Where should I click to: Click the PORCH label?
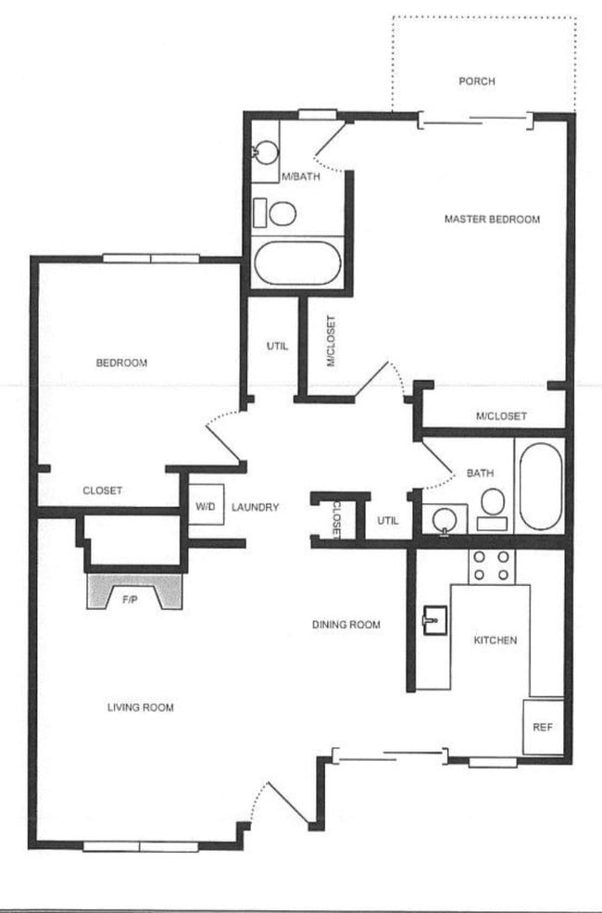477,82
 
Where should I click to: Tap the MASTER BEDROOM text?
492,220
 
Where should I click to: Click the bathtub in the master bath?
296,264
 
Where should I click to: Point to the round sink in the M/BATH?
266,152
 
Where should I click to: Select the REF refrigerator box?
543,727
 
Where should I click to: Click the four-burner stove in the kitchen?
491,566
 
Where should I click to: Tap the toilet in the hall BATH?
492,508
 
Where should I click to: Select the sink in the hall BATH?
445,519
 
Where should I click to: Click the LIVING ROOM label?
141,707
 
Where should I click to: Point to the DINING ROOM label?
346,625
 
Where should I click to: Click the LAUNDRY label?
256,507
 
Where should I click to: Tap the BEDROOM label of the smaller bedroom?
121,362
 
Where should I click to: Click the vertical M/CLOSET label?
331,342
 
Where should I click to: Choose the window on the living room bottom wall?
141,845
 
